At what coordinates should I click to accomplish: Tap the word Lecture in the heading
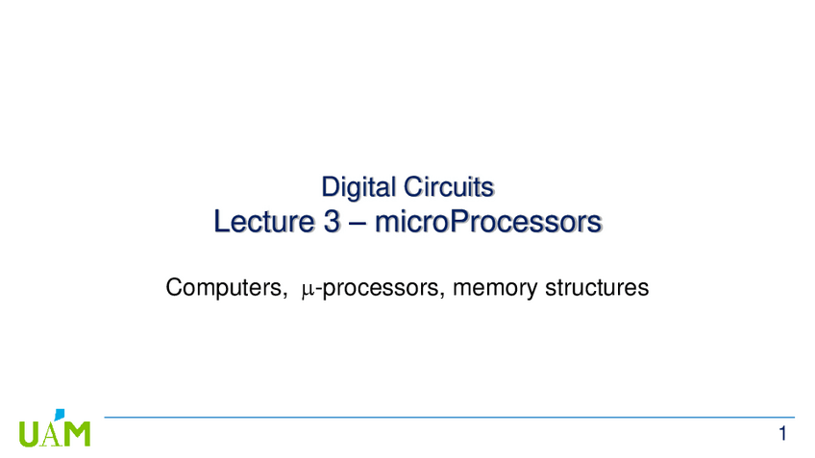[x=259, y=224]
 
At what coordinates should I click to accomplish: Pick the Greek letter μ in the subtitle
[x=307, y=289]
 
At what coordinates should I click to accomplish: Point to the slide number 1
[x=784, y=434]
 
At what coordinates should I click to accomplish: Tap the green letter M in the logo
[x=77, y=433]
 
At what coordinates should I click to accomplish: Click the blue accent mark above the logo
[x=61, y=415]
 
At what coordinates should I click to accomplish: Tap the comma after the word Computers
[x=282, y=295]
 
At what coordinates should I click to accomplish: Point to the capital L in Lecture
[x=221, y=224]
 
